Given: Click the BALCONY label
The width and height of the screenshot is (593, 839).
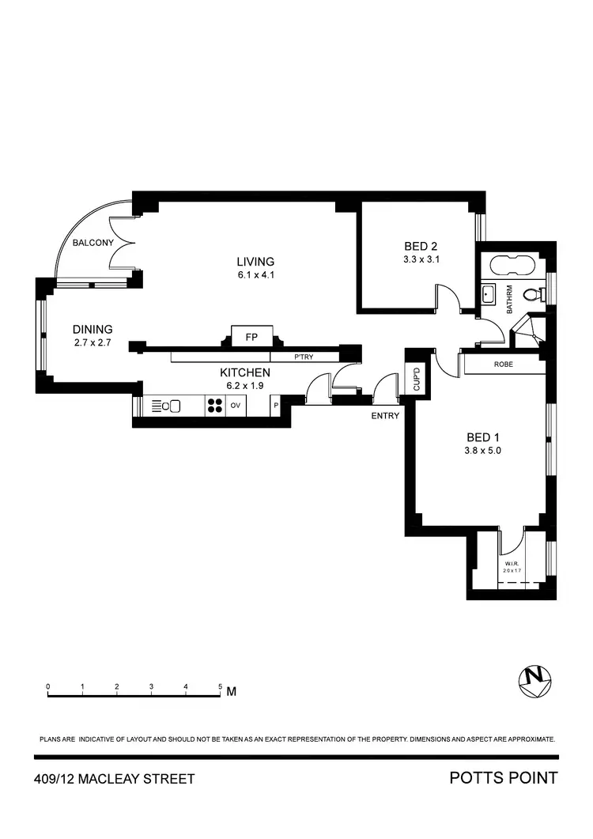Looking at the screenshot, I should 94,243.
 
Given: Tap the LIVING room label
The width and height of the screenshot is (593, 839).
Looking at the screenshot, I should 255,262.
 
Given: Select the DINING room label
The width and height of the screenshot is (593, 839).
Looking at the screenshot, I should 93,330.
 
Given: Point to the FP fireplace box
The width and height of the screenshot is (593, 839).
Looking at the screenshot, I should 252,338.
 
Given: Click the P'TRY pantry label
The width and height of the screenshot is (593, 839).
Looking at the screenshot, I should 304,357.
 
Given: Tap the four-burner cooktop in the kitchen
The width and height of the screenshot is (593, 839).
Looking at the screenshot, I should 214,406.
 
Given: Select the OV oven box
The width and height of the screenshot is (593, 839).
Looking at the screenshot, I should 235,406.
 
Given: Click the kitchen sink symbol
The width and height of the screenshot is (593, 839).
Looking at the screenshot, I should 172,406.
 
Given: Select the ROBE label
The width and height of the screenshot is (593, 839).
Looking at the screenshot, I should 504,365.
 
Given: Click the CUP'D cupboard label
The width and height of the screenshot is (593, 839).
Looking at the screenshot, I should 416,379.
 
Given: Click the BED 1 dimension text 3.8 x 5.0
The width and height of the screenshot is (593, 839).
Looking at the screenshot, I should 483,450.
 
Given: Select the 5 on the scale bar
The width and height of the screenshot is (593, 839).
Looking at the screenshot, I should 220,686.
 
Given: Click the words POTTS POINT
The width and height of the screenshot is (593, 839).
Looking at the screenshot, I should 503,778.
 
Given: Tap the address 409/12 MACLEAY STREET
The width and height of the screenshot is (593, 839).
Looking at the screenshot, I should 115,780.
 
